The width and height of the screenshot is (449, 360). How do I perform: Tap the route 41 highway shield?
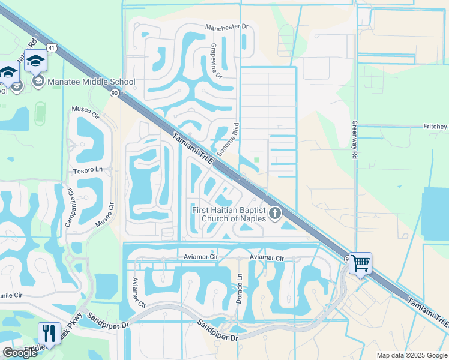pos(53,47)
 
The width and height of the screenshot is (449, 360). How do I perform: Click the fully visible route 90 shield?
pos(114,93)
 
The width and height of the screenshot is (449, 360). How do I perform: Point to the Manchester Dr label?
pos(226,28)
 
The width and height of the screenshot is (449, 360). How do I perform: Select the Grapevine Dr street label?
pos(215,61)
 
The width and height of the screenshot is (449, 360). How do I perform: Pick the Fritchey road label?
pos(435,127)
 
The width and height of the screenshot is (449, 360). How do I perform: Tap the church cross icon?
pos(275,213)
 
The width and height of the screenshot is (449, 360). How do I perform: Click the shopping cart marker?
pos(360,263)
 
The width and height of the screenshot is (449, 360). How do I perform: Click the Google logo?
pos(20,353)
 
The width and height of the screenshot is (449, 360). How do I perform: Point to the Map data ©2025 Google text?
pos(412,355)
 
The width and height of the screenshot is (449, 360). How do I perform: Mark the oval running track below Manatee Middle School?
pos(40,112)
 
